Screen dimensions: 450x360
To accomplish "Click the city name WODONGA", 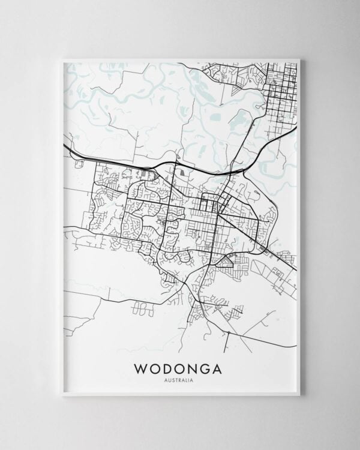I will [x=179, y=366].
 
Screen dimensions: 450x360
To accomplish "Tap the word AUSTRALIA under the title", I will [x=179, y=379].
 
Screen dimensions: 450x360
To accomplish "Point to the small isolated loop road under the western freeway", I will [x=77, y=161].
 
